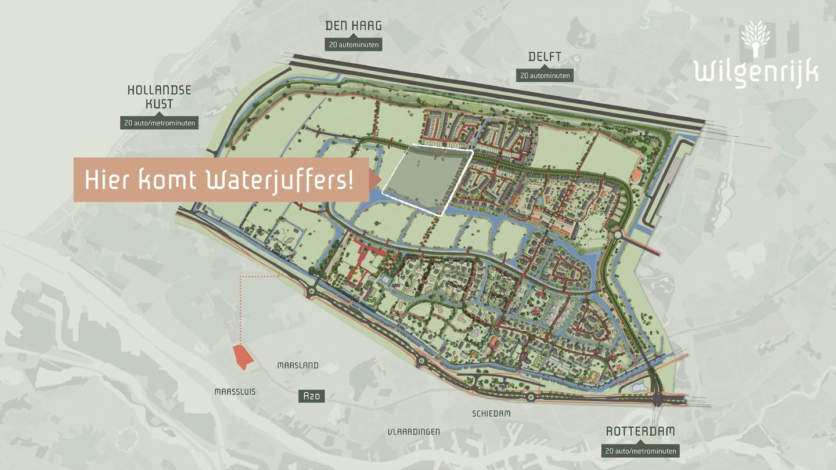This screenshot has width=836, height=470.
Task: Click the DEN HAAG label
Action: pyautogui.click(x=353, y=26)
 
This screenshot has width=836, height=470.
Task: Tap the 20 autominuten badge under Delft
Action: pyautogui.click(x=545, y=75)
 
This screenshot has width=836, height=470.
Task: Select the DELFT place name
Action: pyautogui.click(x=545, y=57)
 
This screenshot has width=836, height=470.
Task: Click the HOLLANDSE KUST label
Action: pyautogui.click(x=159, y=97)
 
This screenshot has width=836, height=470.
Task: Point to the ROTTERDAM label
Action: pyautogui.click(x=640, y=432)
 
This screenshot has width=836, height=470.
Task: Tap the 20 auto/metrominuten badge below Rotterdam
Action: pyautogui.click(x=640, y=451)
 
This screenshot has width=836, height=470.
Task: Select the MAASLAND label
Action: pyautogui.click(x=298, y=366)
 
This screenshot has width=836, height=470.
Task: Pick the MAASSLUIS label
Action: pyautogui.click(x=235, y=392)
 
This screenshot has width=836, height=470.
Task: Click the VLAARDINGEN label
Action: pyautogui.click(x=413, y=432)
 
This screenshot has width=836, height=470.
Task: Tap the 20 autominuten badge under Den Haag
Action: pyautogui.click(x=353, y=44)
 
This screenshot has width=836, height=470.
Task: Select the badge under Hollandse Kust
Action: pyautogui.click(x=159, y=123)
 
